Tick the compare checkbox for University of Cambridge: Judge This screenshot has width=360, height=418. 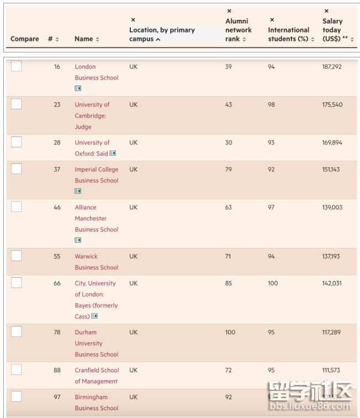click(17, 104)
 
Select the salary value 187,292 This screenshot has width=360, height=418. click(332, 67)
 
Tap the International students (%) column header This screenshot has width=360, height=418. click(288, 34)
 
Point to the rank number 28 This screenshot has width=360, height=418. click(57, 142)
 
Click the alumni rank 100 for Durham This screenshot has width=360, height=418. click(230, 332)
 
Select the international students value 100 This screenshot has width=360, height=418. click(273, 283)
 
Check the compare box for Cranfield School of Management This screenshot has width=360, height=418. click(17, 369)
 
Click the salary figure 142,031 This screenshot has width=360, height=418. click(332, 283)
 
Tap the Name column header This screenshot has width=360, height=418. click(84, 39)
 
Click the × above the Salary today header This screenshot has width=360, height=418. click(326, 11)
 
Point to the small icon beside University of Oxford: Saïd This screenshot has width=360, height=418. click(113, 154)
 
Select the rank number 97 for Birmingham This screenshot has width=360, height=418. click(57, 397)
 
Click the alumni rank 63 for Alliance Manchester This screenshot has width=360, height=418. click(229, 208)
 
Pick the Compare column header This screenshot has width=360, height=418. click(24, 39)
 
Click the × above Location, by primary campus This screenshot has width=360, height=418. click(133, 20)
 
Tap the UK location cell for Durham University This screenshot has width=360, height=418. click(134, 332)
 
